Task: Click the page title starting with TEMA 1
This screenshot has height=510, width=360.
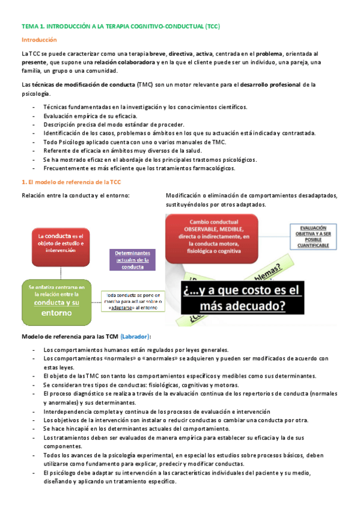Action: [120, 26]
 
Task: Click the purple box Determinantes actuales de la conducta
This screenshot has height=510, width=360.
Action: [132, 259]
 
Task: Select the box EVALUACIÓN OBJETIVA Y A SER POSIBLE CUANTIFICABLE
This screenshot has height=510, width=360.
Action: [311, 237]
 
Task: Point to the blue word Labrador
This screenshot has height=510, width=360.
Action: [136, 336]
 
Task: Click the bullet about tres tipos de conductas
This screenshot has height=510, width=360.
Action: [141, 385]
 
